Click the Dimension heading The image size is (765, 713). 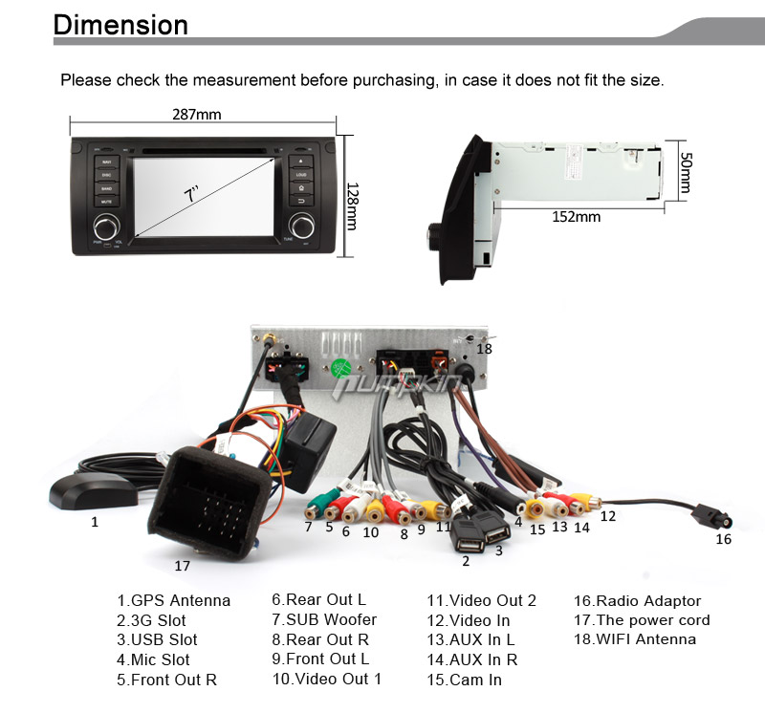click(x=120, y=24)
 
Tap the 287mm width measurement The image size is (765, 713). click(x=196, y=115)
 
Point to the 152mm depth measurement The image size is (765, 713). click(x=577, y=217)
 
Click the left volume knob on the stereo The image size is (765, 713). click(x=106, y=227)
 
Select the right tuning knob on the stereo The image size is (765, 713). click(x=302, y=227)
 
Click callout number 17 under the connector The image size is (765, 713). click(x=182, y=566)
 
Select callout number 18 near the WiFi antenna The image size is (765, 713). click(x=485, y=349)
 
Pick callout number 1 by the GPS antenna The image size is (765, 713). click(x=95, y=522)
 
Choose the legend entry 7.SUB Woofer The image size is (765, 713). click(x=324, y=620)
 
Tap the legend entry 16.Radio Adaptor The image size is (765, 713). click(x=637, y=601)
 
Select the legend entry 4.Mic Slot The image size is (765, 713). click(x=153, y=659)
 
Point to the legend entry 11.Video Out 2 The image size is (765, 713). click(x=481, y=601)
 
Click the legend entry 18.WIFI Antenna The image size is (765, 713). click(x=635, y=639)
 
